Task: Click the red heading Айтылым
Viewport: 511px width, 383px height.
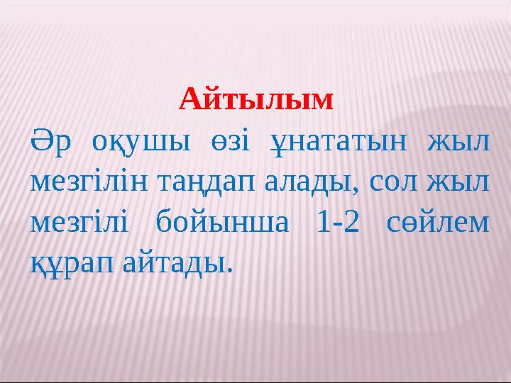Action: pos(255,99)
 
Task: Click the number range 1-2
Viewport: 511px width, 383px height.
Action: pos(338,223)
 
